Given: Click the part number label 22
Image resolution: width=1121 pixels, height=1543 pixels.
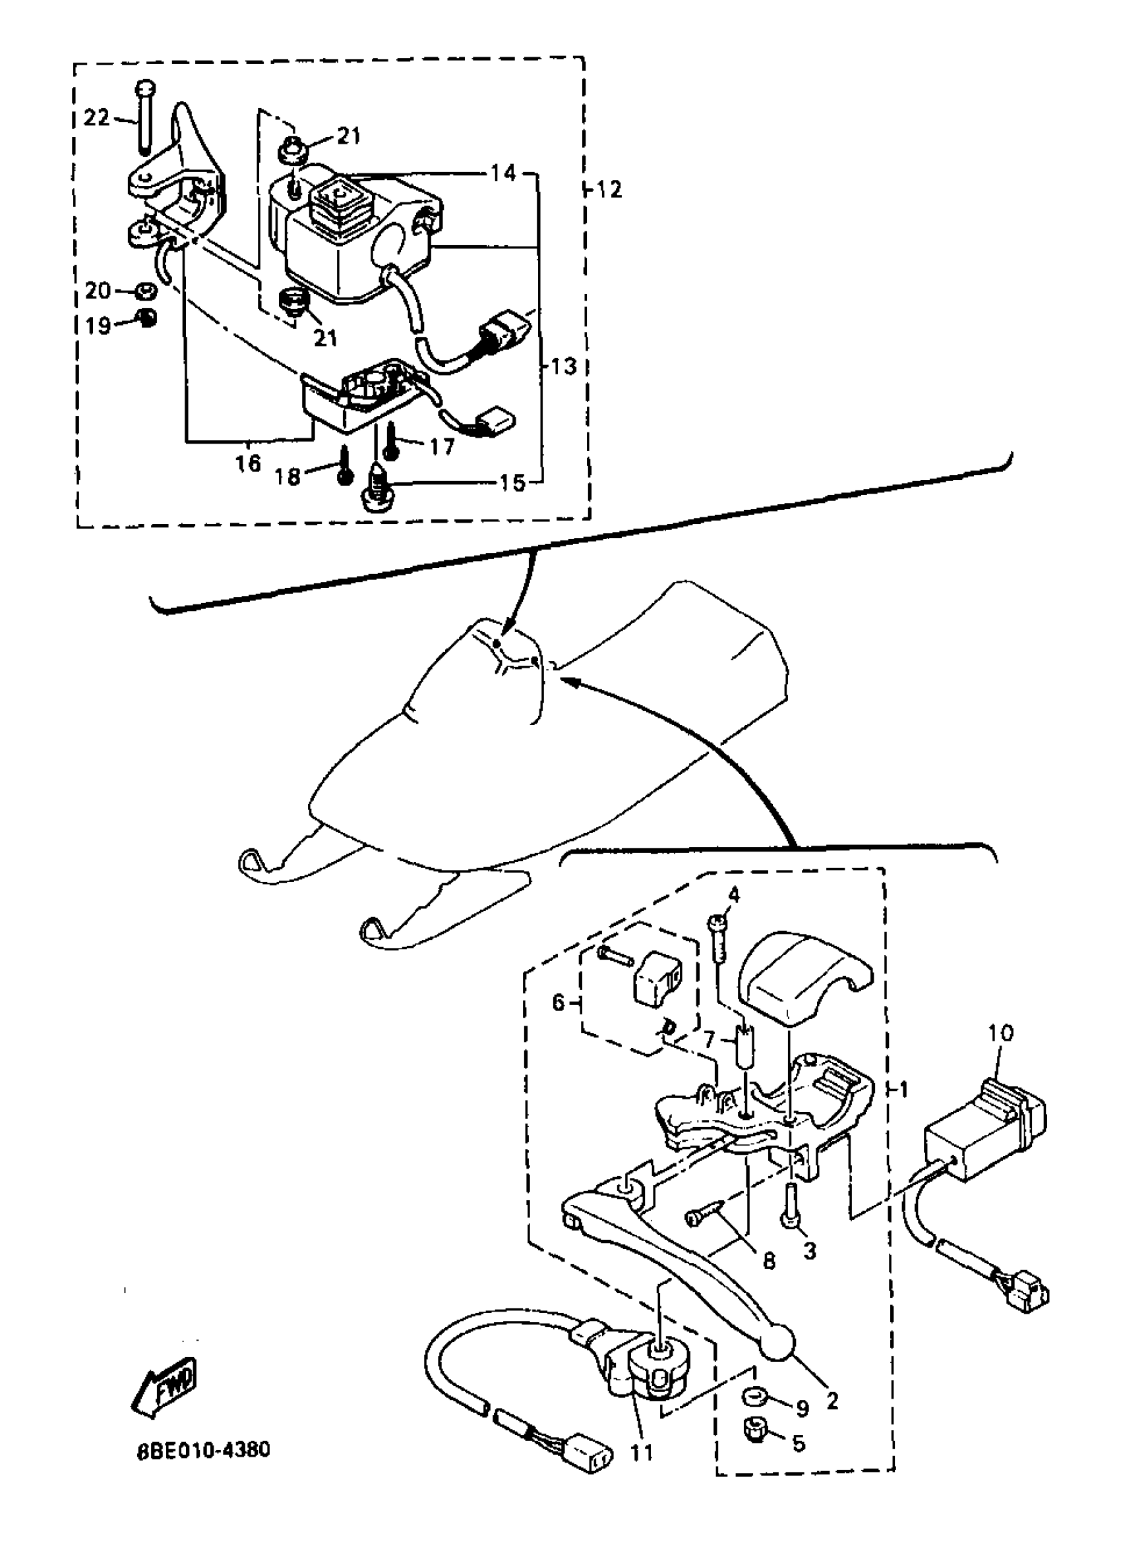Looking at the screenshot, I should click(96, 118).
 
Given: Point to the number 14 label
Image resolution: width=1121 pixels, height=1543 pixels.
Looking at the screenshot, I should click(503, 173).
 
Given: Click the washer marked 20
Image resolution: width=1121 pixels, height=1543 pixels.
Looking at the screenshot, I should click(144, 292).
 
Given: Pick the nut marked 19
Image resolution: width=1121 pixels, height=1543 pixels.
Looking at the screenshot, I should click(145, 318).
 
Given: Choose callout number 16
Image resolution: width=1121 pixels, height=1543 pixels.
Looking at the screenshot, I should click(248, 463).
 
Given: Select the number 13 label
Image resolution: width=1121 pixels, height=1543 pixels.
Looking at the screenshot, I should click(563, 366).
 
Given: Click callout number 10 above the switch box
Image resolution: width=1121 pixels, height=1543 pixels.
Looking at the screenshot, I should click(1000, 1033).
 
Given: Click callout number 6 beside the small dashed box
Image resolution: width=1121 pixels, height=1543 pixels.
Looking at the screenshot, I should click(558, 1002).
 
